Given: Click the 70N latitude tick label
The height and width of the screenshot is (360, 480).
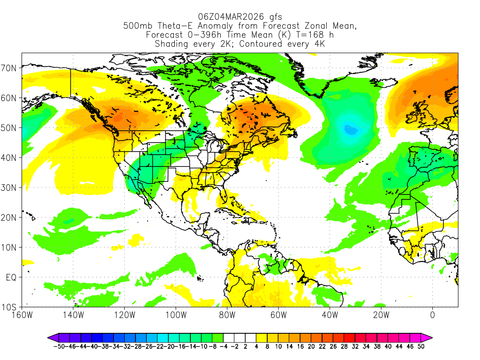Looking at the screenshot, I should (x=10, y=68).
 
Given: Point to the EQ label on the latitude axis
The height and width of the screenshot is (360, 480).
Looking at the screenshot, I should (x=11, y=277).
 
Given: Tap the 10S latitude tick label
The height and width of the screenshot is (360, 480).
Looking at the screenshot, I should (x=10, y=307).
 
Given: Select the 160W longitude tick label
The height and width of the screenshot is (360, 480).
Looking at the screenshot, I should (x=22, y=315).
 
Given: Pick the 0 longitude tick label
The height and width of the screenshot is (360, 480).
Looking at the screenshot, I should (x=432, y=315).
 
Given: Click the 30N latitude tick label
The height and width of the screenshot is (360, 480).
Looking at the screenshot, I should (x=10, y=187).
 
